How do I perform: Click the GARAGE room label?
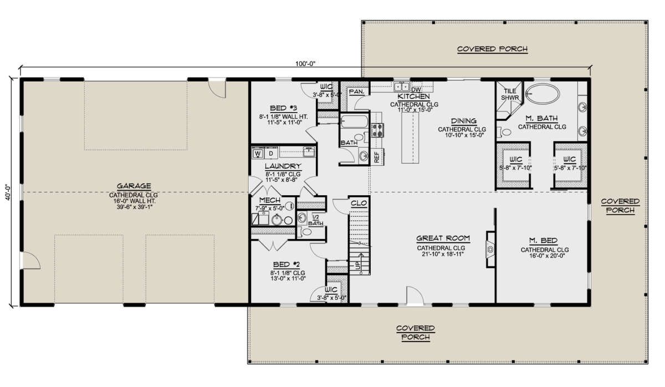click(x=134, y=186)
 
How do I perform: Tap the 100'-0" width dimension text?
click(x=305, y=64)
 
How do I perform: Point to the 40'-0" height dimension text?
click(x=8, y=192)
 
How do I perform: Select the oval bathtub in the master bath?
click(x=543, y=94)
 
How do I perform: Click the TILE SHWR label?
click(x=510, y=94)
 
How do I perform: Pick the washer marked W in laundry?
click(x=258, y=154)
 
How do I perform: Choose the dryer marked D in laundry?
click(x=271, y=154)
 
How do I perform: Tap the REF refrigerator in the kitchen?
click(x=377, y=157)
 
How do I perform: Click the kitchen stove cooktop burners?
click(x=377, y=130)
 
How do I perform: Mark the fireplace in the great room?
click(x=490, y=249)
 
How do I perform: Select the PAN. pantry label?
click(x=356, y=92)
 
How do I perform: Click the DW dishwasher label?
click(x=416, y=90)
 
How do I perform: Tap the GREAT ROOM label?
click(x=443, y=238)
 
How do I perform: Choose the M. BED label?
click(x=543, y=240)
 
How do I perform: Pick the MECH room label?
click(x=269, y=200)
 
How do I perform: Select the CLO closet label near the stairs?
click(x=359, y=203)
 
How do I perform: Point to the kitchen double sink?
click(x=401, y=86)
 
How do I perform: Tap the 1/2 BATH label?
click(x=315, y=221)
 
